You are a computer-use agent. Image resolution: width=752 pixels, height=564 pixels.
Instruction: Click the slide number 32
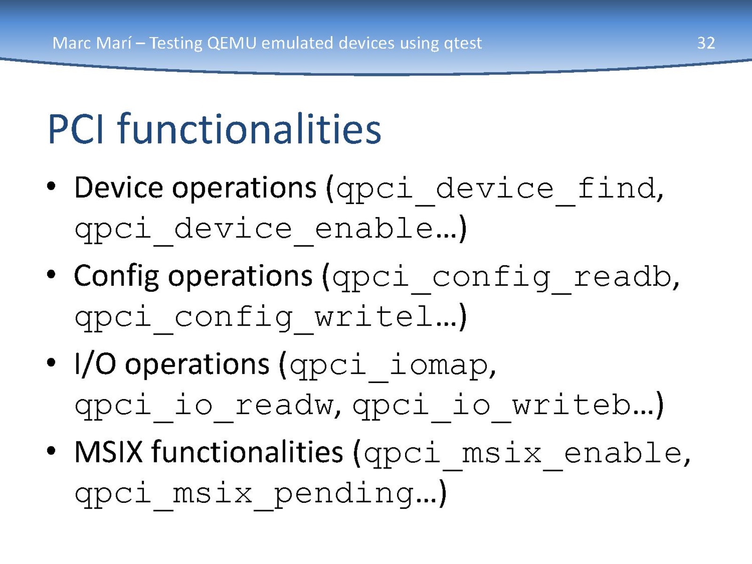pyautogui.click(x=706, y=43)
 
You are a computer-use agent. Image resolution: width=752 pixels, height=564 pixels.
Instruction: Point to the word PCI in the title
pyautogui.click(x=76, y=129)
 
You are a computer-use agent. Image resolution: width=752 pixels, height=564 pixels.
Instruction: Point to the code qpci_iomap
pyautogui.click(x=389, y=367)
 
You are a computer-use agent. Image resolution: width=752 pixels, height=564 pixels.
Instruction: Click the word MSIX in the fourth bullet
pyautogui.click(x=108, y=452)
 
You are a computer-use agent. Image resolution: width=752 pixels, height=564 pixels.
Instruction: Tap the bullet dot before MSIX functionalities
pyautogui.click(x=51, y=451)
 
